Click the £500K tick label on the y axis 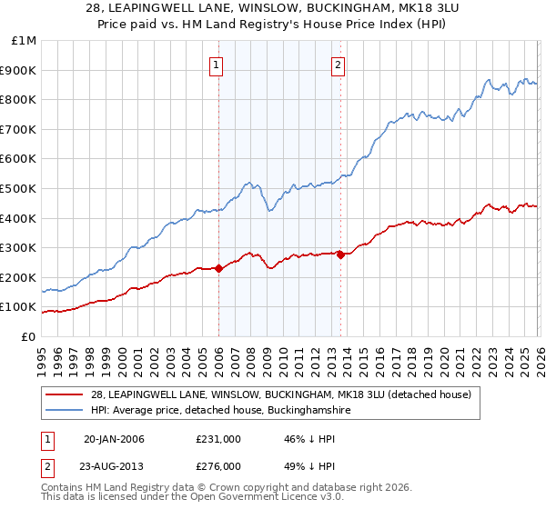pyautogui.click(x=20, y=188)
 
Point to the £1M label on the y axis pyautogui.click(x=24, y=40)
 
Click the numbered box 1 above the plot pyautogui.click(x=217, y=65)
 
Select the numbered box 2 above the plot pyautogui.click(x=338, y=65)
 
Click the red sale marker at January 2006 pyautogui.click(x=218, y=268)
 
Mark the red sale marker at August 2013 pyautogui.click(x=340, y=254)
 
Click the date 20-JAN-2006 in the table pyautogui.click(x=114, y=439)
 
